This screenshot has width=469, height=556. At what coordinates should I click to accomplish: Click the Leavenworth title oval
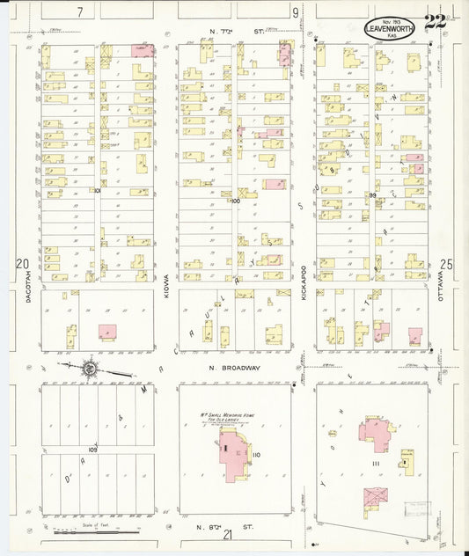coord(391,28)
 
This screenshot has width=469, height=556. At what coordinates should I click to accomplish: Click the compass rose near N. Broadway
coord(90,368)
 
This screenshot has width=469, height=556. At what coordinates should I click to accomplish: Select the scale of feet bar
coord(97,531)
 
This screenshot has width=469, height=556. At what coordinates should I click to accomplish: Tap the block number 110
coord(256,455)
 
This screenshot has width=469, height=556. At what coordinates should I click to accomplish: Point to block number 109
coord(92,450)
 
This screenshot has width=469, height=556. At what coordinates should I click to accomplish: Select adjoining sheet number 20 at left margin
coord(22,264)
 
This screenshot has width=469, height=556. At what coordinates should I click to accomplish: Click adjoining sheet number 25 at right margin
coord(446,264)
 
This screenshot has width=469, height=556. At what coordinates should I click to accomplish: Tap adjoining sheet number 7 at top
coord(79,12)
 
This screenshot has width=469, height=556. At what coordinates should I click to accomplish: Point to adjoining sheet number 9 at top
coord(296,12)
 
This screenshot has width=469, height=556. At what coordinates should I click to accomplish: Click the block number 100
coord(235,201)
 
